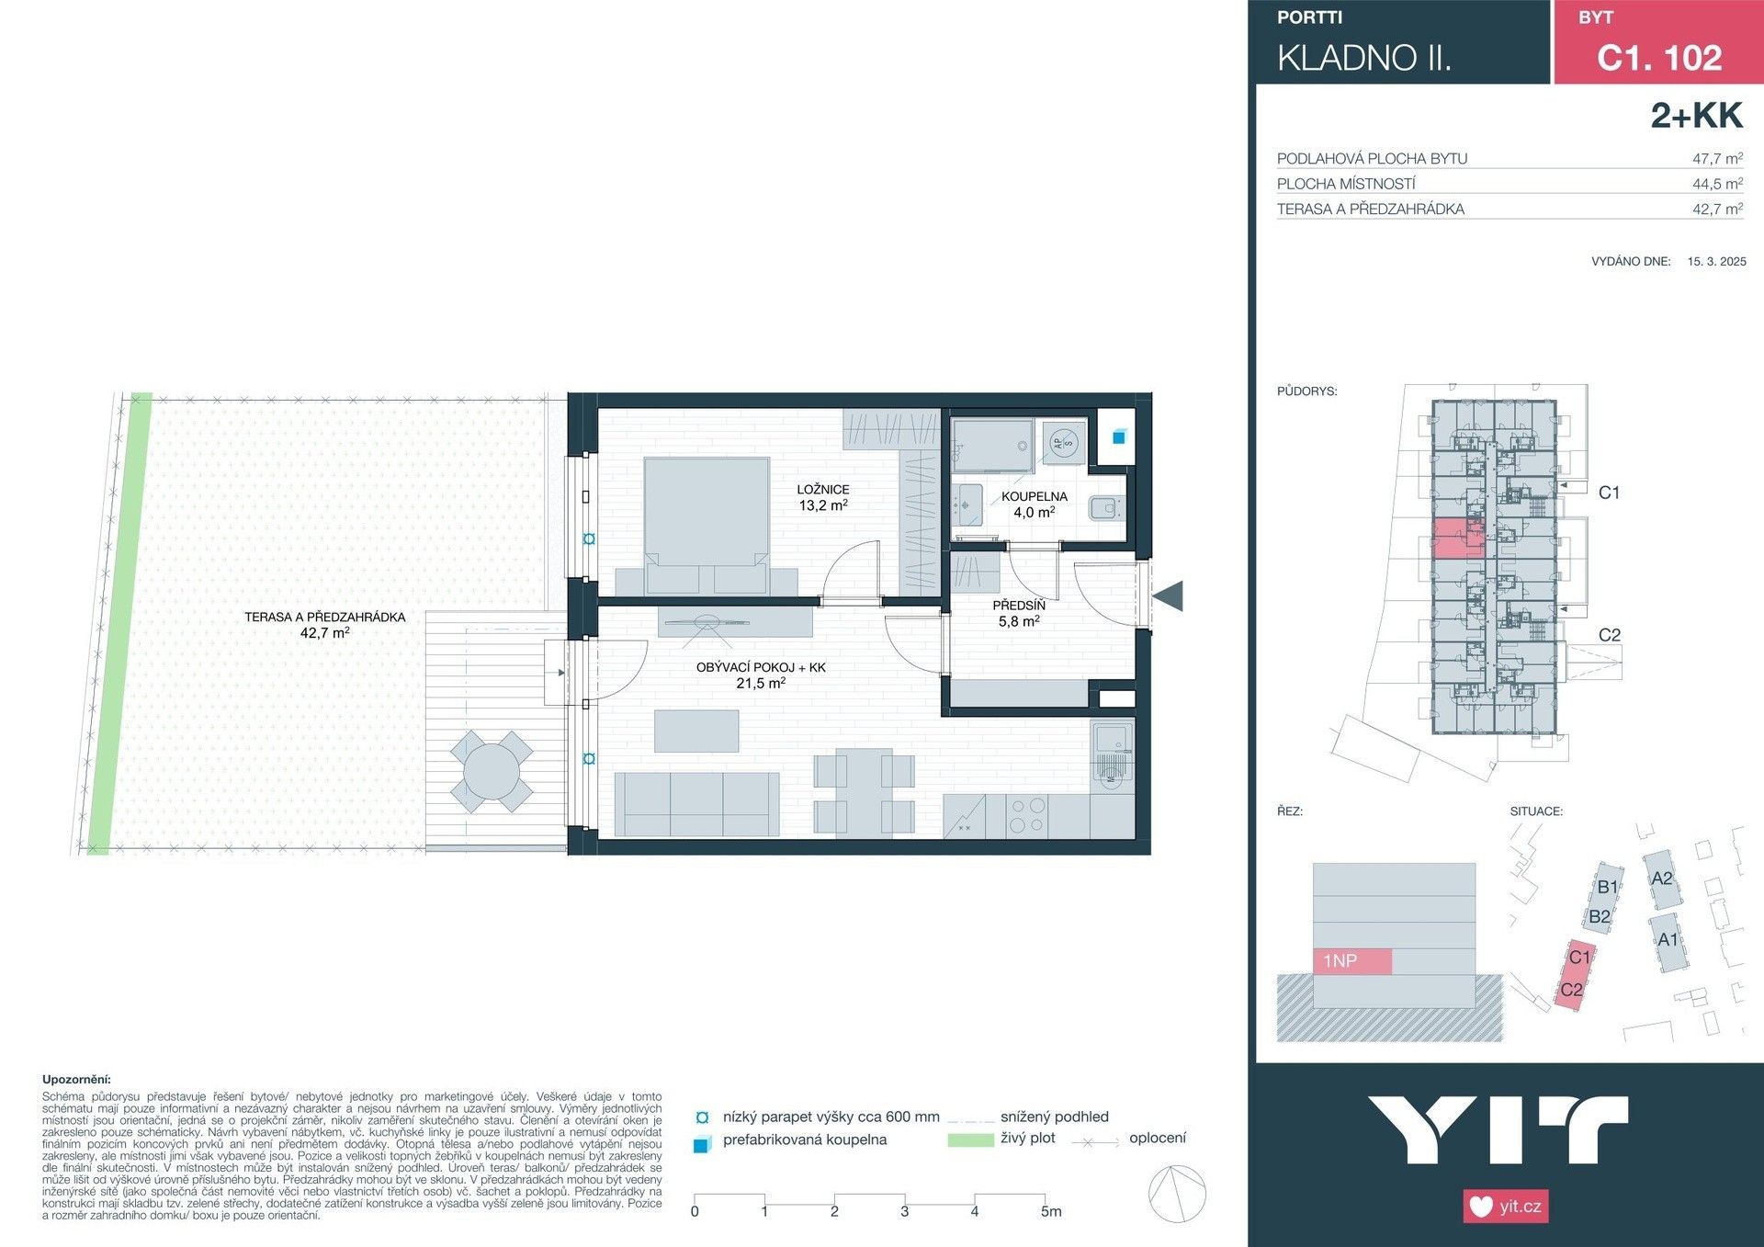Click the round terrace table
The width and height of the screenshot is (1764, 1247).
[x=492, y=771]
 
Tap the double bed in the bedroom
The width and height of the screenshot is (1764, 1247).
[x=707, y=524]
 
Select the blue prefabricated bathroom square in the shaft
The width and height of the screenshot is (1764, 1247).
[x=1118, y=437]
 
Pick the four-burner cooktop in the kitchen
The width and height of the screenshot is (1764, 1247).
[x=1026, y=815]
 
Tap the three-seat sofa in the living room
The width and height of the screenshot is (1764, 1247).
[x=696, y=804]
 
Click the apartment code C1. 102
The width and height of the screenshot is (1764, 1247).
[x=1658, y=58]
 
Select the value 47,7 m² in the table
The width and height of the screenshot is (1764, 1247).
[x=1716, y=158]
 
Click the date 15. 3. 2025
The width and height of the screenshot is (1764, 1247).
[x=1716, y=261]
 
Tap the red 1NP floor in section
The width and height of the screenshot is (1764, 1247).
[x=1351, y=961]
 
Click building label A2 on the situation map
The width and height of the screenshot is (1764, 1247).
[x=1661, y=879]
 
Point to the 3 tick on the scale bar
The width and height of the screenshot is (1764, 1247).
[x=904, y=1210]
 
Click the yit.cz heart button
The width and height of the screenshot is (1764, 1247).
[x=1505, y=1206]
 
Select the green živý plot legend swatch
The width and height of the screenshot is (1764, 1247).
[x=970, y=1139]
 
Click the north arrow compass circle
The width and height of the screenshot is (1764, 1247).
[x=1177, y=1194]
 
